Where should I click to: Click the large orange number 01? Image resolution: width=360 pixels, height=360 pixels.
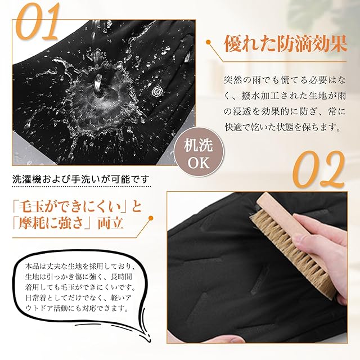point(38,21)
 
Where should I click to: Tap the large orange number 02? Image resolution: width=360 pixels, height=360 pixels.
point(319,169)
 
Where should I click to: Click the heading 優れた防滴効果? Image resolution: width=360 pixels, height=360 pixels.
point(285,44)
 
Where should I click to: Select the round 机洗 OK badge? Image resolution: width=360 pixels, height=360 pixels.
point(199,152)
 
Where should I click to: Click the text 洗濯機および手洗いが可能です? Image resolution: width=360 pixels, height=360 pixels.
point(81,179)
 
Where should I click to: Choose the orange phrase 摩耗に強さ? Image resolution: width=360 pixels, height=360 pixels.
point(52,223)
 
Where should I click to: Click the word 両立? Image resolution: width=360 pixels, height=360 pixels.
point(111,223)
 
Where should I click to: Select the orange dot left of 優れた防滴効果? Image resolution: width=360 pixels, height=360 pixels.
point(208,42)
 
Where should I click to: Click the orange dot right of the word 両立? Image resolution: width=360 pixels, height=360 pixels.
point(151,218)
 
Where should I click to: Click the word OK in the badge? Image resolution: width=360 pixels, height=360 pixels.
point(199,163)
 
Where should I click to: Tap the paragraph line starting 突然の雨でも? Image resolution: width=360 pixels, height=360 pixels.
point(285,80)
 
